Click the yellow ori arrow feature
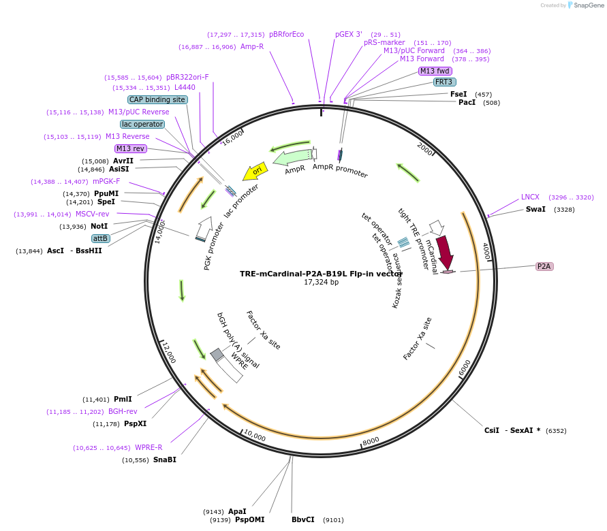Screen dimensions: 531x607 coord(255,172)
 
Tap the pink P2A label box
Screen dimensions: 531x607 coord(544,266)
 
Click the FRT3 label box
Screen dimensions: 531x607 coord(444,82)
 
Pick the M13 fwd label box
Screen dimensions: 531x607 coord(435,71)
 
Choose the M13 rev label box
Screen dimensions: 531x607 coord(131,148)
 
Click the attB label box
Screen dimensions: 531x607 coord(101,238)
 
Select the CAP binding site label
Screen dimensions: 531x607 coord(157,99)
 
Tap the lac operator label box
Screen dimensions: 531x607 coord(142,124)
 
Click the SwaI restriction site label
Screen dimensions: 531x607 coord(535,209)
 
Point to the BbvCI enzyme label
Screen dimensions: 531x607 coord(302,519)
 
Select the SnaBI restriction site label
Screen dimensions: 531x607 coord(164,460)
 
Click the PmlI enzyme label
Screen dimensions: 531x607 coord(123,399)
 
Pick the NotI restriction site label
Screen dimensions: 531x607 coord(99,226)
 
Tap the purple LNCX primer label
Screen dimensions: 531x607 coord(530,197)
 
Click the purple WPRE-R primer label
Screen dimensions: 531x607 coord(149,447)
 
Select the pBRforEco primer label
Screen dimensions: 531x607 coord(286,34)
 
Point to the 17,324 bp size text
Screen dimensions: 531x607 coord(321,282)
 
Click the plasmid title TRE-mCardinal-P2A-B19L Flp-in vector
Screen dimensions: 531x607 coord(321,274)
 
